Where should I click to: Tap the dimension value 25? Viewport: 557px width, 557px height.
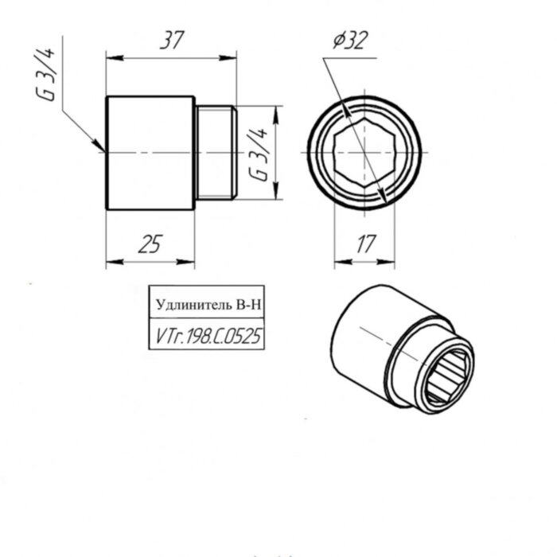click(150, 245)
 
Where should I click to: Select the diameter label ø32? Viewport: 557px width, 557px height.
click(348, 40)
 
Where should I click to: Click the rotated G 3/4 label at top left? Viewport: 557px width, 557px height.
click(49, 74)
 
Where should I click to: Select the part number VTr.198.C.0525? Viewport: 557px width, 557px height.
click(206, 337)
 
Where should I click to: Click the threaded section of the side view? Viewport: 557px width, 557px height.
click(215, 152)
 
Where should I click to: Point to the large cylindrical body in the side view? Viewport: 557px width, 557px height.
click(150, 152)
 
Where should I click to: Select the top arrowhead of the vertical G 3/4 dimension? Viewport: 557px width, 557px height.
click(275, 111)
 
